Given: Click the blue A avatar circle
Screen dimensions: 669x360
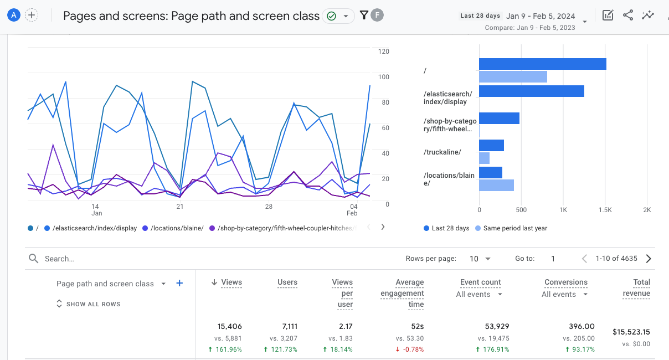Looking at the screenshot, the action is click(x=14, y=16).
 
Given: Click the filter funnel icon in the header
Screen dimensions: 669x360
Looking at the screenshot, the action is click(x=364, y=16).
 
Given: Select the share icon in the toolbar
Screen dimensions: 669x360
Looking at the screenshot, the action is click(x=628, y=16).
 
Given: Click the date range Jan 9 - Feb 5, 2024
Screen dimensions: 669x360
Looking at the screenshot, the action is click(x=541, y=16).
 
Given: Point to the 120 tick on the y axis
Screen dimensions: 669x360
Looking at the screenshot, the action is click(x=383, y=52).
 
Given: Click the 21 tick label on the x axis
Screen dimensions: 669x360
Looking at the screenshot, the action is click(x=179, y=207).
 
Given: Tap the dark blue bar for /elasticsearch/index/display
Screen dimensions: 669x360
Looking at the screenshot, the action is click(x=532, y=91).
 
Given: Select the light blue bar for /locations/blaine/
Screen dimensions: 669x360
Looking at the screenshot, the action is click(x=496, y=185).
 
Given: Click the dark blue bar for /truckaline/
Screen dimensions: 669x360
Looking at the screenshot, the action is click(x=491, y=146).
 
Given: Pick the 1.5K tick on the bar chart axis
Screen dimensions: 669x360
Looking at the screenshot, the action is click(x=605, y=210).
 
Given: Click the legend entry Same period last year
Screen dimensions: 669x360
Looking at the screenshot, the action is click(x=511, y=228).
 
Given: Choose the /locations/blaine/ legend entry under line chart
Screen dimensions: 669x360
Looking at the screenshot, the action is click(x=173, y=228).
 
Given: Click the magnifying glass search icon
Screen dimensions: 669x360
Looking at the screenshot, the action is click(x=33, y=259).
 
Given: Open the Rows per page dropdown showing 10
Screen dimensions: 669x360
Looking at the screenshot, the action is click(x=480, y=259).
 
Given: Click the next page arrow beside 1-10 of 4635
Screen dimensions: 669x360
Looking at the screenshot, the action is click(x=649, y=259).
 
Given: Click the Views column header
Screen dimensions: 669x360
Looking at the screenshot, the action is click(x=231, y=282).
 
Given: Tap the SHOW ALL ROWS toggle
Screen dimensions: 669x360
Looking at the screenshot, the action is click(x=89, y=304).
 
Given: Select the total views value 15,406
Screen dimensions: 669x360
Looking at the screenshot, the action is click(x=229, y=326).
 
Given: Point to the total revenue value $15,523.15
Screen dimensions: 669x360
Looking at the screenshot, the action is click(x=631, y=332).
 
